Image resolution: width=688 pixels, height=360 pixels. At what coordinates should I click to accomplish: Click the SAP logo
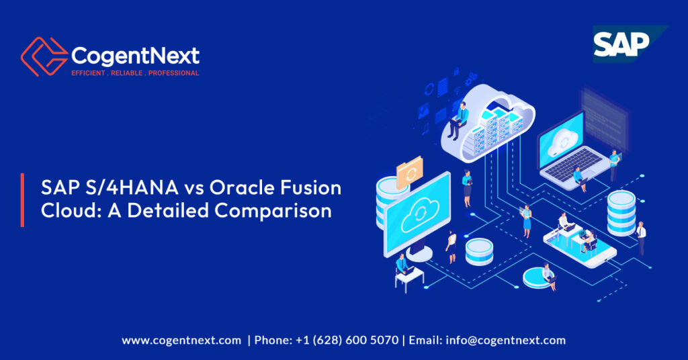(x=621, y=44)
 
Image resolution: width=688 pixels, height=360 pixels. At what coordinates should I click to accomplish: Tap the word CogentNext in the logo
(x=134, y=54)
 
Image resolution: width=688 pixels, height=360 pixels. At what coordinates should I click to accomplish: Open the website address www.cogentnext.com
(x=181, y=340)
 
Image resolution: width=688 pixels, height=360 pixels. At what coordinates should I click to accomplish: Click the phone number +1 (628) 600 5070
(x=347, y=340)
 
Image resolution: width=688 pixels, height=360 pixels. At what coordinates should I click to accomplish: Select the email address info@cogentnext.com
(x=506, y=340)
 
